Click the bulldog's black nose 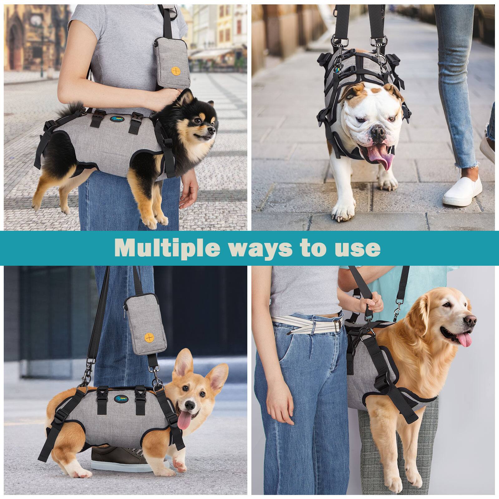click(x=376, y=132)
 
